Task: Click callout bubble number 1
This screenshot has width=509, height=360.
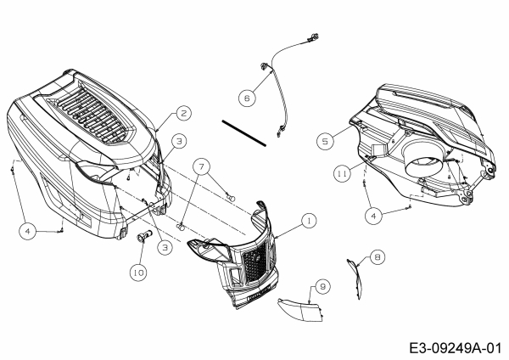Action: tap(310, 220)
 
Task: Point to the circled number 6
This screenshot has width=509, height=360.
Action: tap(247, 98)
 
